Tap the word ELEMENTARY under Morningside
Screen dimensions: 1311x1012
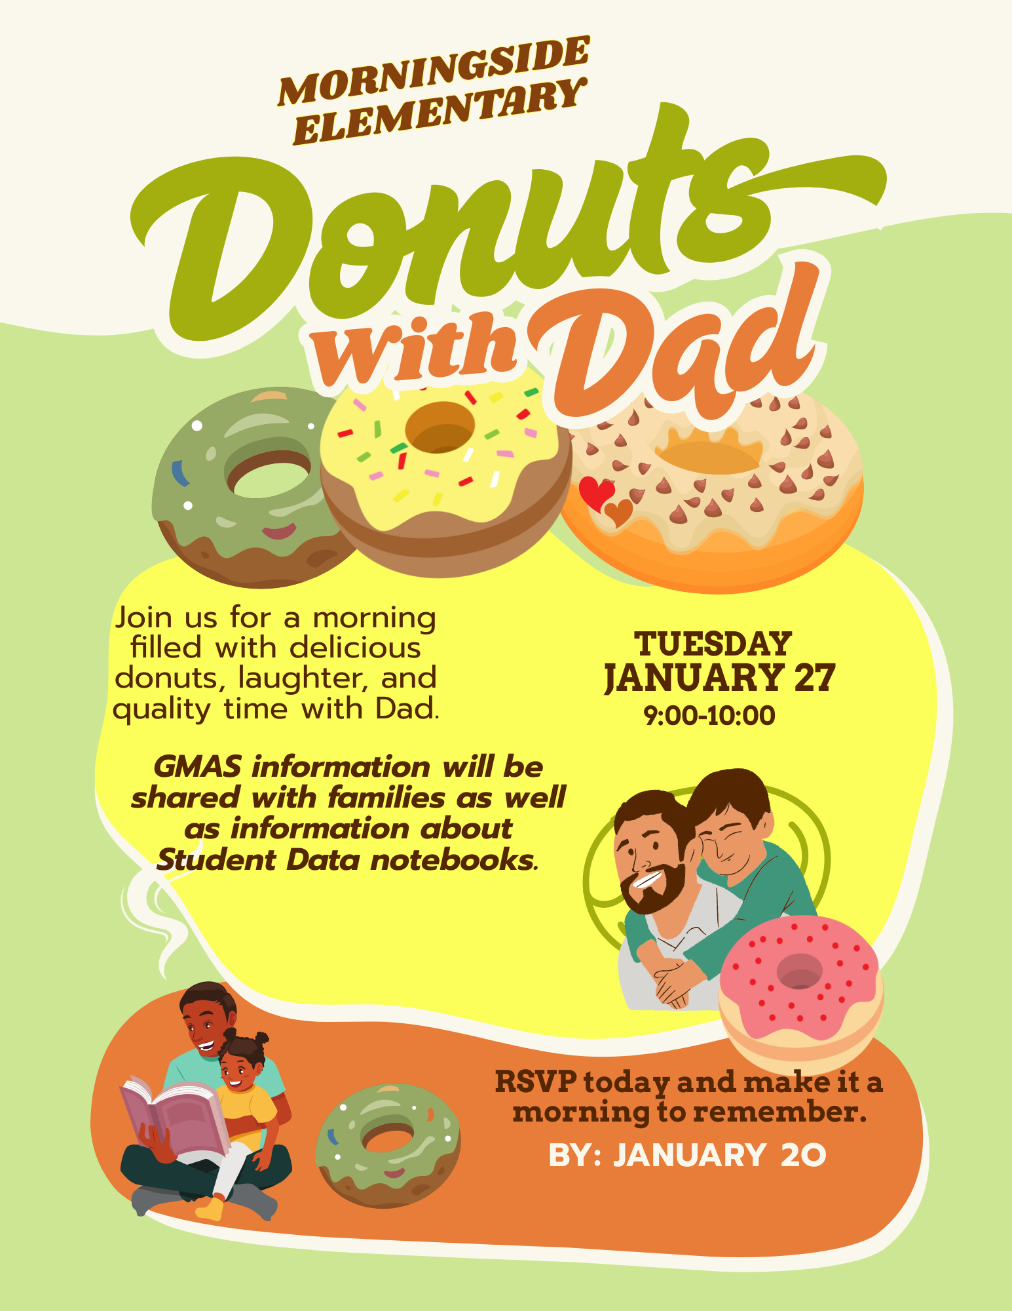pyautogui.click(x=438, y=113)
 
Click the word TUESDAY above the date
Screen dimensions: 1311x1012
pyautogui.click(x=713, y=644)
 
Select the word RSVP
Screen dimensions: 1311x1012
pyautogui.click(x=536, y=1082)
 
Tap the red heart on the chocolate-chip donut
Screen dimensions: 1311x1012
pyautogui.click(x=595, y=492)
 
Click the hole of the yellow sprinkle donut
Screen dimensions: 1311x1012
pyautogui.click(x=440, y=428)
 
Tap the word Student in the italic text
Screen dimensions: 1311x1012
pyautogui.click(x=217, y=861)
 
